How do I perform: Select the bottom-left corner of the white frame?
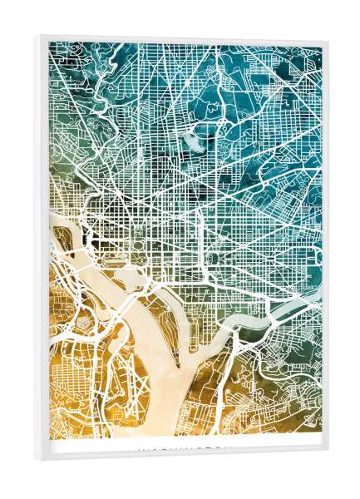(x=34, y=457)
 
